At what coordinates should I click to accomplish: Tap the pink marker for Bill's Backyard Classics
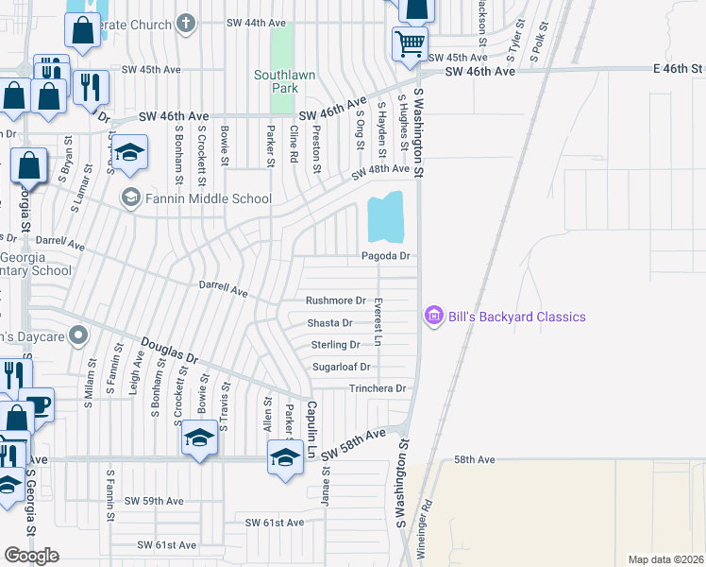pos(434,316)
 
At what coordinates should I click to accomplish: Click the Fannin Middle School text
pos(208,198)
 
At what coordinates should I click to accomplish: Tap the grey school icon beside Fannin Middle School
pos(130,198)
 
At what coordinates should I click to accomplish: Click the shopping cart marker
pos(410,43)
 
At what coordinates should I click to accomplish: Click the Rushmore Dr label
pos(335,301)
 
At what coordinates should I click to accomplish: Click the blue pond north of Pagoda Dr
pos(385,218)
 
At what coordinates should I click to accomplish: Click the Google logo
pos(31,556)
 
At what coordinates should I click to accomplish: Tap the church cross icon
pos(187,22)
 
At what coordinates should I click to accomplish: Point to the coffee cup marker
pos(39,404)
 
